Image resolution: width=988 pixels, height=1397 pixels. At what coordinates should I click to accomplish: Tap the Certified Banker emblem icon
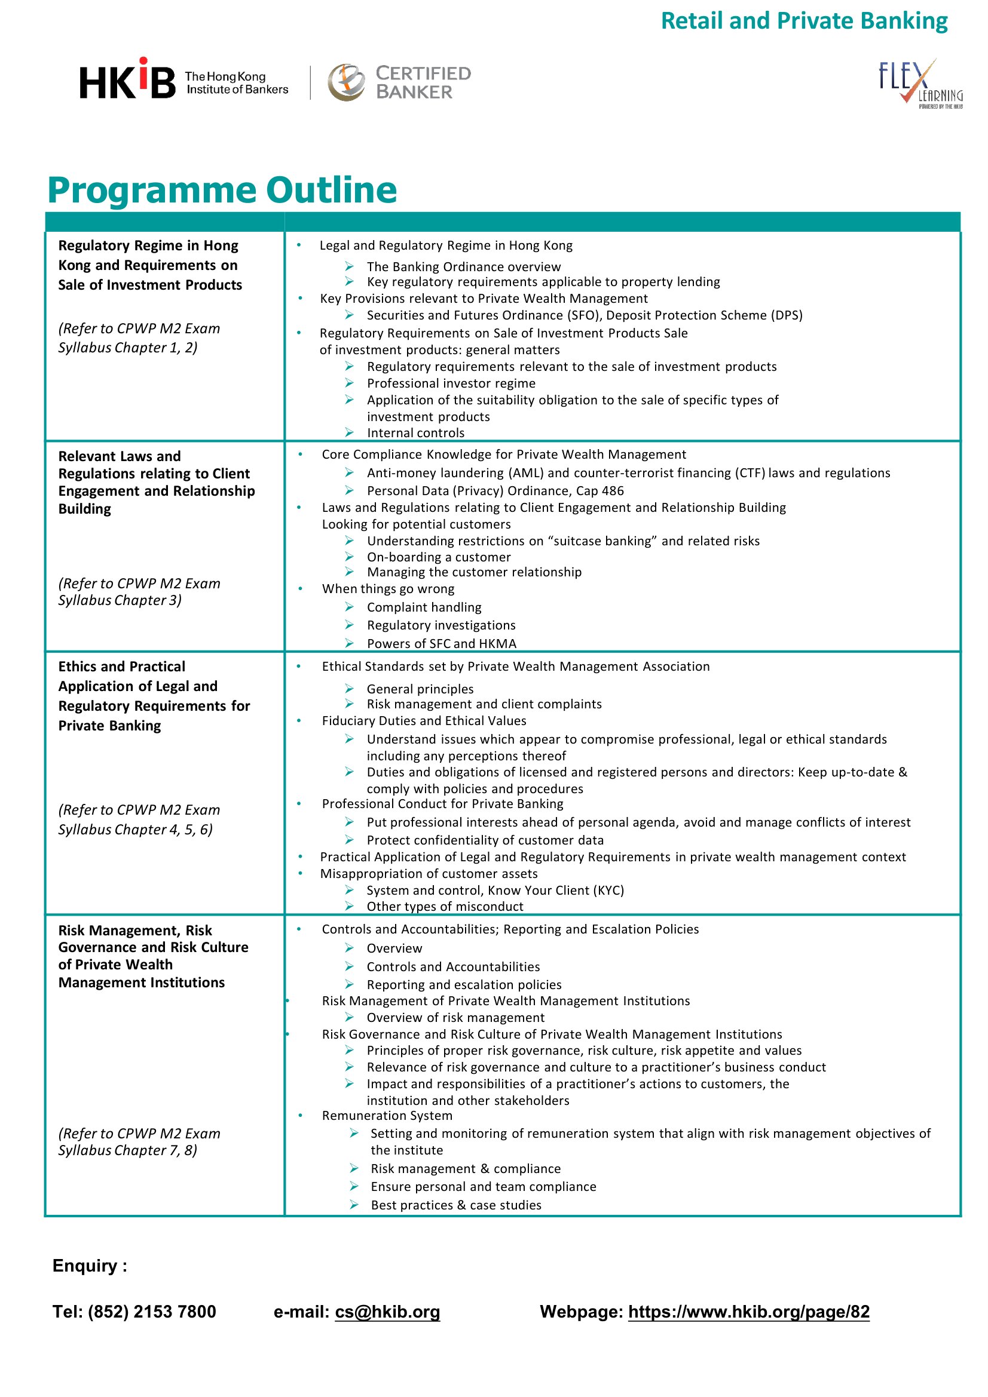click(345, 82)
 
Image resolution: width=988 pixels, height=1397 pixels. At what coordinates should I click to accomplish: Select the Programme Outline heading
click(222, 190)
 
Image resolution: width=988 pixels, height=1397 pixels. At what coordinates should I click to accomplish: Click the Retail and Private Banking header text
click(803, 22)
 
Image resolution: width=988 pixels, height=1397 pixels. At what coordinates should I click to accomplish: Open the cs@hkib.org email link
click(387, 1311)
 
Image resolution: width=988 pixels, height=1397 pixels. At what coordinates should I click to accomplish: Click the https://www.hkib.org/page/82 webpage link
click(748, 1311)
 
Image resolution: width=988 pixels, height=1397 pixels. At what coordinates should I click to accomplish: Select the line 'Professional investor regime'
click(451, 383)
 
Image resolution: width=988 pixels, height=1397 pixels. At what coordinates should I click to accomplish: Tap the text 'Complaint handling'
click(424, 607)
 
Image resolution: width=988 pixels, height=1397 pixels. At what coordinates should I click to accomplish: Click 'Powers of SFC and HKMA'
click(441, 643)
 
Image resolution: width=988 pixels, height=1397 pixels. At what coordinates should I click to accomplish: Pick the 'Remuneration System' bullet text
click(387, 1115)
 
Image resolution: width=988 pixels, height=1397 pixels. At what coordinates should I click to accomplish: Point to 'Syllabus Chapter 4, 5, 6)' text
click(135, 830)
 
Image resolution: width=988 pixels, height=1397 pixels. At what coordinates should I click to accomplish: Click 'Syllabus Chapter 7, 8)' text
click(127, 1150)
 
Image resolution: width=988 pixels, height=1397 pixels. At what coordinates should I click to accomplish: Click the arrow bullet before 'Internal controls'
click(349, 432)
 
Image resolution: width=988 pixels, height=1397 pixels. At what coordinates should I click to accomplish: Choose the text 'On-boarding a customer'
click(438, 557)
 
